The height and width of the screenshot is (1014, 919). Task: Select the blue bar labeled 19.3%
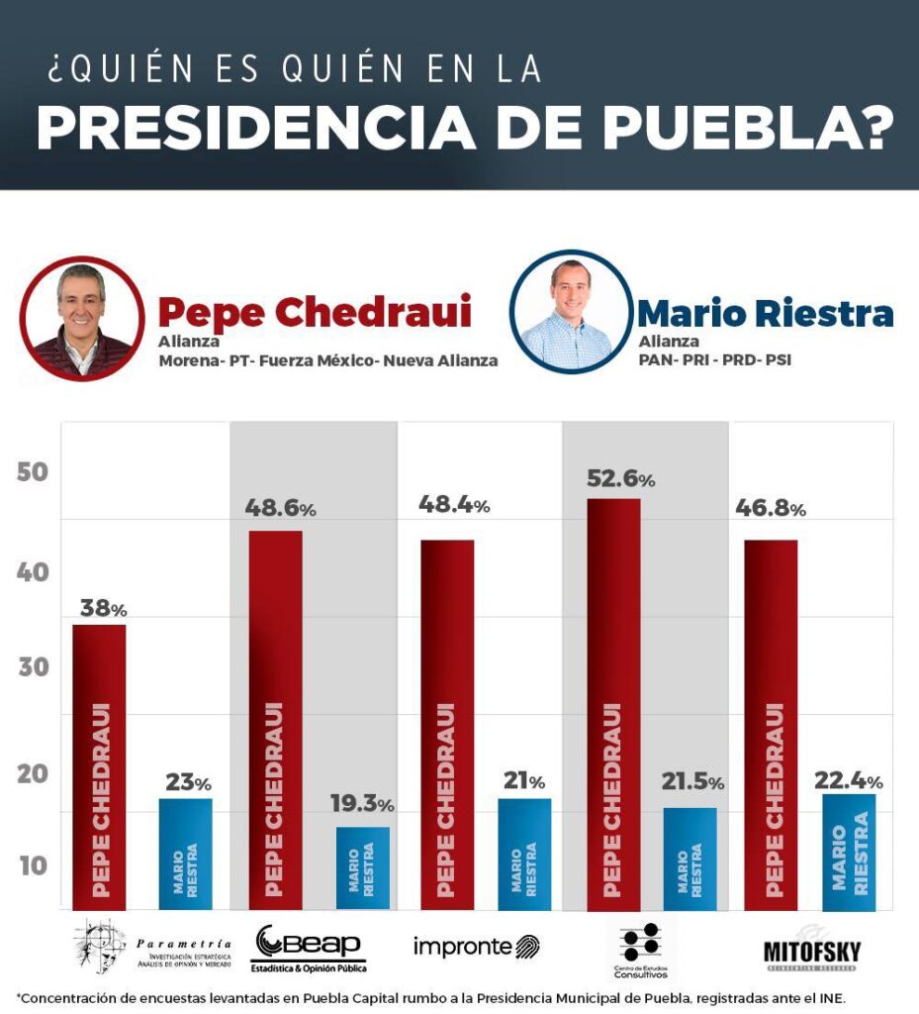coord(362,867)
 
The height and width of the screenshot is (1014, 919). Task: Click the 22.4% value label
coord(848,781)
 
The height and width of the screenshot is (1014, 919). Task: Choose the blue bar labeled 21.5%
coord(689,858)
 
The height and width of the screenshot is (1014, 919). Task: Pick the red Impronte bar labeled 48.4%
coord(447,724)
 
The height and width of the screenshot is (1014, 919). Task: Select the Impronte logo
coord(476,947)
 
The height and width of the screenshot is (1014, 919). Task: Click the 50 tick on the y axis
coord(33,472)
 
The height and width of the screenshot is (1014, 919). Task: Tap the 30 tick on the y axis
coord(33,668)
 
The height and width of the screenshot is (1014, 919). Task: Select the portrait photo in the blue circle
coord(570,312)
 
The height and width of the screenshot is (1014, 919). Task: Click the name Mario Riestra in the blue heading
coord(765,313)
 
